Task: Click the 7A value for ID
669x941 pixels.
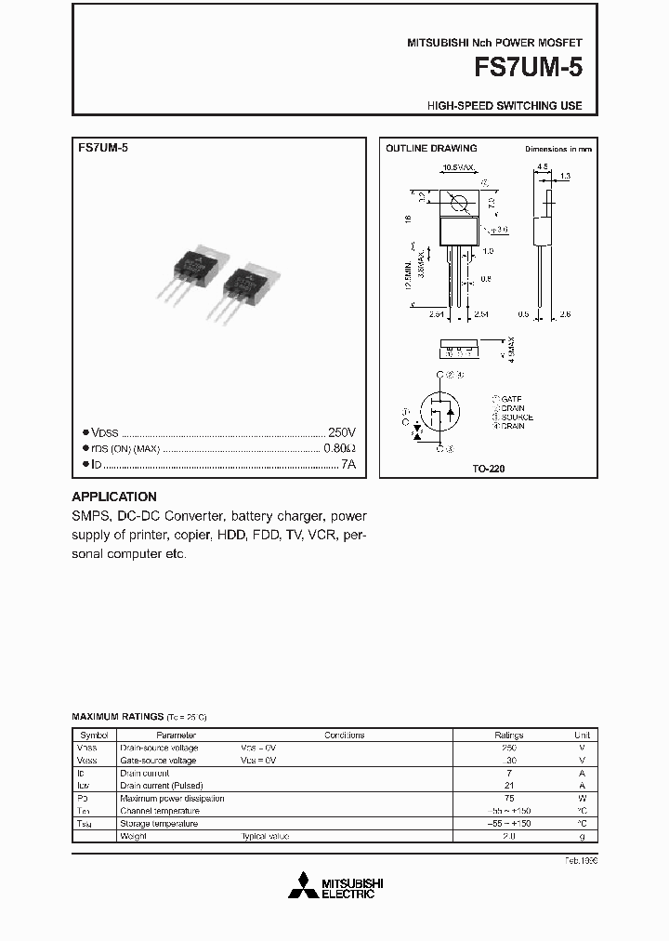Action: (x=348, y=463)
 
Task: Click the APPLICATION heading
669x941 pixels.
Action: (x=114, y=497)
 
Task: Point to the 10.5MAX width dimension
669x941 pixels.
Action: (x=458, y=167)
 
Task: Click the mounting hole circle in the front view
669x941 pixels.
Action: (x=457, y=203)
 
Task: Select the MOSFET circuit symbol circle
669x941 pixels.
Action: (x=439, y=413)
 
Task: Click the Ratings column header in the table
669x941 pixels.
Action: (x=508, y=735)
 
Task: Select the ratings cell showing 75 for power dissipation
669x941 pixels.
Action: (x=508, y=798)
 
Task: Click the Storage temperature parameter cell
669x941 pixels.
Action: (x=159, y=823)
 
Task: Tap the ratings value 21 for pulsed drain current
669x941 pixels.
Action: (x=508, y=786)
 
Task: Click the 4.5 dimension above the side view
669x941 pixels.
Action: (x=542, y=167)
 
